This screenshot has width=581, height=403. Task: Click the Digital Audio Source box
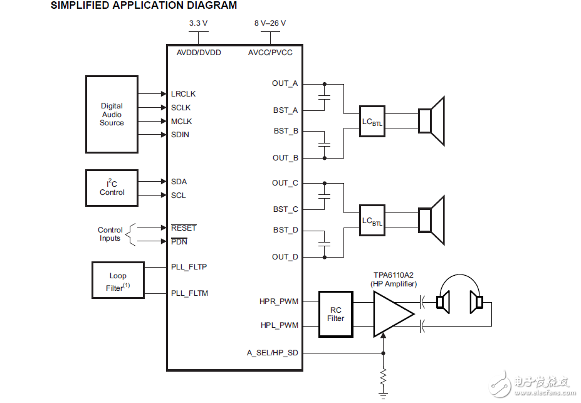(112, 115)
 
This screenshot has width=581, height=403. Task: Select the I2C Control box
(112, 187)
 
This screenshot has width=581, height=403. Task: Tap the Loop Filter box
(118, 280)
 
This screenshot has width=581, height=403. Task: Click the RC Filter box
(335, 314)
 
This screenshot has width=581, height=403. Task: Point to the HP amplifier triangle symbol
(392, 313)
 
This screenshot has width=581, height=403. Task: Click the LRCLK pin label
(183, 94)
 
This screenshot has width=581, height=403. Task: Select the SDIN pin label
(180, 135)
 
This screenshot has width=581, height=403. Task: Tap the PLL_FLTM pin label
(189, 293)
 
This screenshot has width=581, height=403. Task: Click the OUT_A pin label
(285, 83)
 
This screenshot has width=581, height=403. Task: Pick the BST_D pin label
(286, 230)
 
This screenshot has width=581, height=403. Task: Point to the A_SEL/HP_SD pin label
(272, 353)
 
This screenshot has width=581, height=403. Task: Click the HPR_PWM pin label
(279, 301)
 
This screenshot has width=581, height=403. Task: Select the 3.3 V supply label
(198, 23)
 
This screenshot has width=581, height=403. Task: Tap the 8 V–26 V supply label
(270, 23)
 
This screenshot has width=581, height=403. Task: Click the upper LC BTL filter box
(372, 121)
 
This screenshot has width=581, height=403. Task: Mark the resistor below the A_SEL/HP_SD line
(383, 377)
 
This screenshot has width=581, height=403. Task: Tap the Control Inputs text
(110, 234)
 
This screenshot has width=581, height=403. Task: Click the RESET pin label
(184, 228)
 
